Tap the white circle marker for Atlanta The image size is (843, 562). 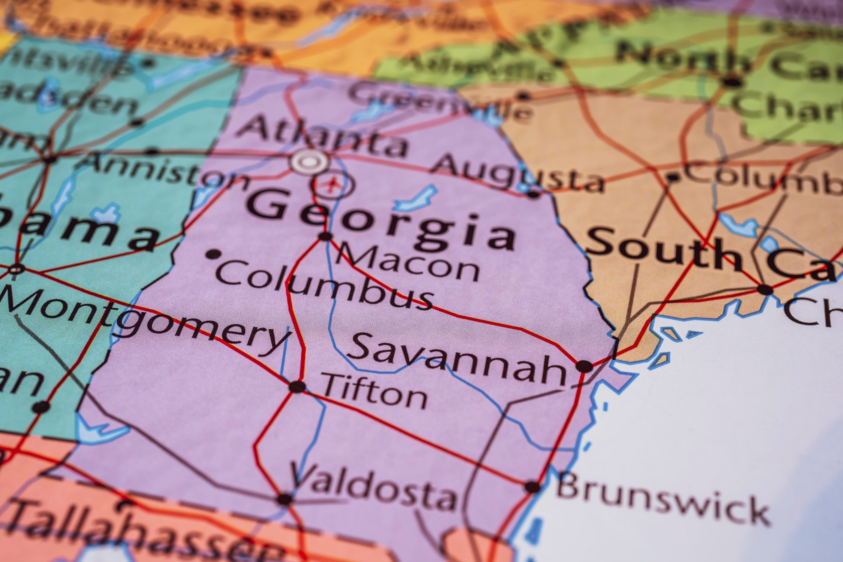click(309, 162)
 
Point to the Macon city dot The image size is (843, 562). click(325, 236)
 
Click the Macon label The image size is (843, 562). click(408, 261)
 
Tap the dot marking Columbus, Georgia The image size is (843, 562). click(213, 254)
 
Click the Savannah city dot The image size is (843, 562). click(584, 366)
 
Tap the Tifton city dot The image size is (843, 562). click(297, 387)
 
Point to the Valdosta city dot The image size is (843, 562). click(284, 499)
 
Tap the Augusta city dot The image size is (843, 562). click(533, 194)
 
